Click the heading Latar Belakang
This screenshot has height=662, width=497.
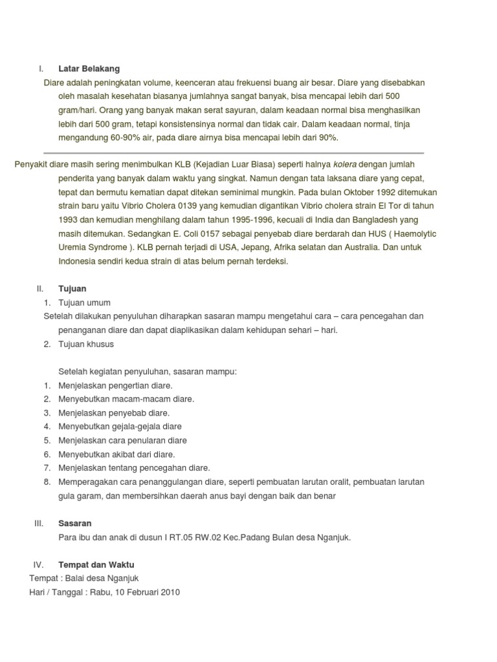point(89,69)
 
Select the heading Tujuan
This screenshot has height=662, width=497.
point(72,288)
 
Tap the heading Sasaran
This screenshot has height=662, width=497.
point(75,523)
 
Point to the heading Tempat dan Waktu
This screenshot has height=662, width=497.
point(96,564)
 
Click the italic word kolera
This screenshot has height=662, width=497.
point(344,164)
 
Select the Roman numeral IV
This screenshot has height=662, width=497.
point(38,564)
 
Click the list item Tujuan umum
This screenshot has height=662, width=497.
point(84,303)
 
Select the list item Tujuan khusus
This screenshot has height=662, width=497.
point(86,344)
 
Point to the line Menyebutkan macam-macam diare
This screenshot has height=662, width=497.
point(126,399)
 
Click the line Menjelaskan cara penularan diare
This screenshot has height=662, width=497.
point(122,440)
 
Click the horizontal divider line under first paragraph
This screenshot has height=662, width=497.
point(233,153)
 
